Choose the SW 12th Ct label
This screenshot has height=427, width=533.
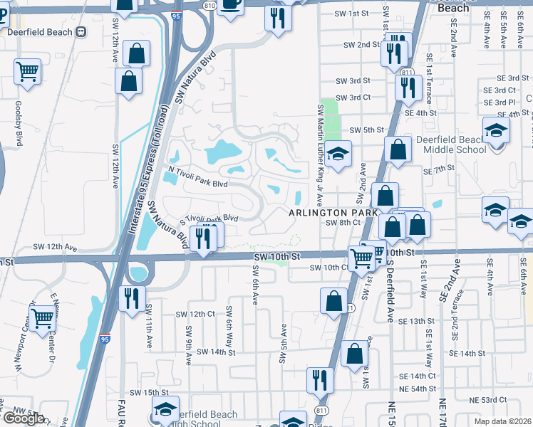click(x=196, y=314)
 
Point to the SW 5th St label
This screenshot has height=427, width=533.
click(x=367, y=130)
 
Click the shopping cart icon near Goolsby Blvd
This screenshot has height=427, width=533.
click(x=27, y=71)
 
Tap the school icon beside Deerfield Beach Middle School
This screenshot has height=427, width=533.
click(x=496, y=131)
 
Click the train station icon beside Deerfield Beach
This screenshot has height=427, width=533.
click(x=81, y=31)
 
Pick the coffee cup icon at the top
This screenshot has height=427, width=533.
click(x=230, y=4)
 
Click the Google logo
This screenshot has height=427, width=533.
click(x=23, y=418)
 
